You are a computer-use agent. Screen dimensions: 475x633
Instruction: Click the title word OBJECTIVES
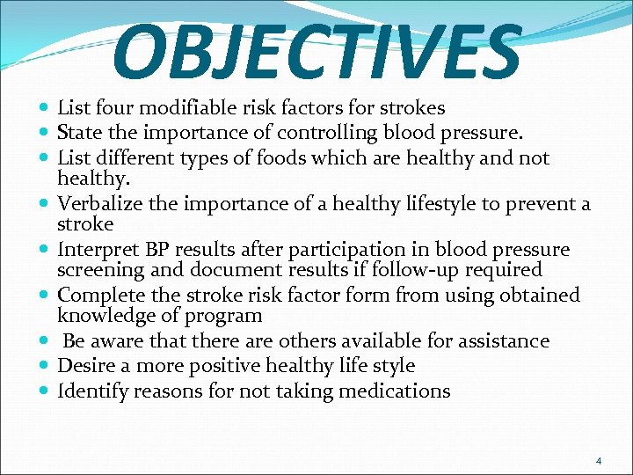point(316,50)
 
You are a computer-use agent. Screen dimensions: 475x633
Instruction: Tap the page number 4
point(599,461)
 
